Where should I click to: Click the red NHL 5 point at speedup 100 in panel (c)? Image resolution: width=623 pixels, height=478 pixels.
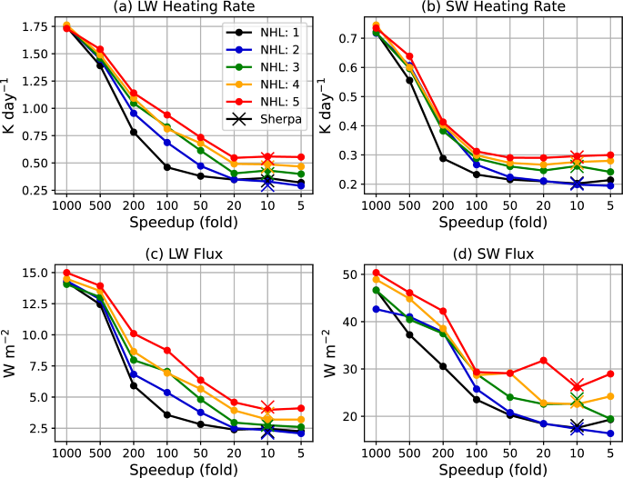click(x=167, y=350)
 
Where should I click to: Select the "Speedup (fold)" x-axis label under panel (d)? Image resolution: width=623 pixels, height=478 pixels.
click(x=493, y=468)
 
